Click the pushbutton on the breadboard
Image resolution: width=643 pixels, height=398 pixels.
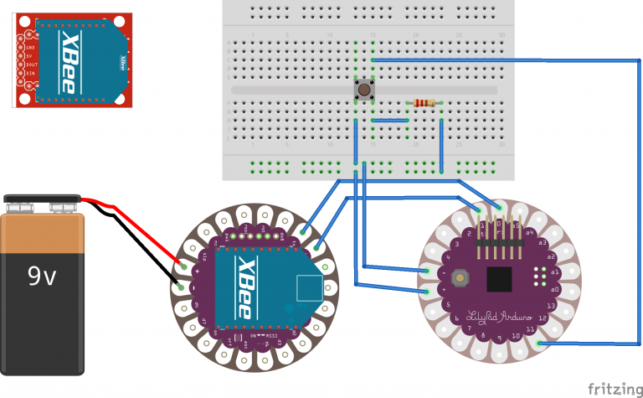coord(365,89)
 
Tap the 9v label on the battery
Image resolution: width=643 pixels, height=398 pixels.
coord(41,276)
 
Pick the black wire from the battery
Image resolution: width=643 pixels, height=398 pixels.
coord(134,243)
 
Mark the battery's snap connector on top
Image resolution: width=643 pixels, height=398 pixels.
coord(42,204)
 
